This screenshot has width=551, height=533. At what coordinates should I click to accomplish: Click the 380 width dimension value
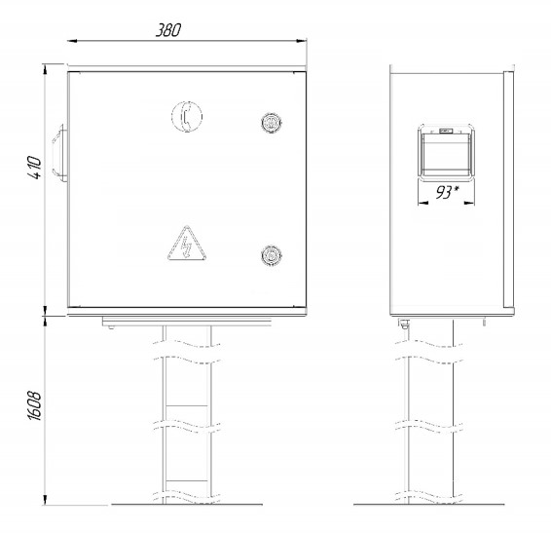(168, 30)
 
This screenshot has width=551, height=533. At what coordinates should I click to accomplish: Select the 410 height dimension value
(35, 168)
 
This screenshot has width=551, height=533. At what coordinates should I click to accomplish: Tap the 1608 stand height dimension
(34, 405)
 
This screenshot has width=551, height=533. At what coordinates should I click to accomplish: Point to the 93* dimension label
(447, 192)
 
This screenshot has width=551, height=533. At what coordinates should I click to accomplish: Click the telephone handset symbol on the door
(187, 117)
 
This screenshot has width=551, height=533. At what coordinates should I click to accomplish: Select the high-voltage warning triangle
(187, 244)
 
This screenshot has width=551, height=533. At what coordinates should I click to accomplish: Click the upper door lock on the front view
(272, 123)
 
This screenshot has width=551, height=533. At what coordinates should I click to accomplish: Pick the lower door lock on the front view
(272, 255)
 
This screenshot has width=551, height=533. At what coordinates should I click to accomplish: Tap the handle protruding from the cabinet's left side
(60, 153)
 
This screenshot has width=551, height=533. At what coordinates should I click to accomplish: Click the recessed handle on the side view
(446, 153)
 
